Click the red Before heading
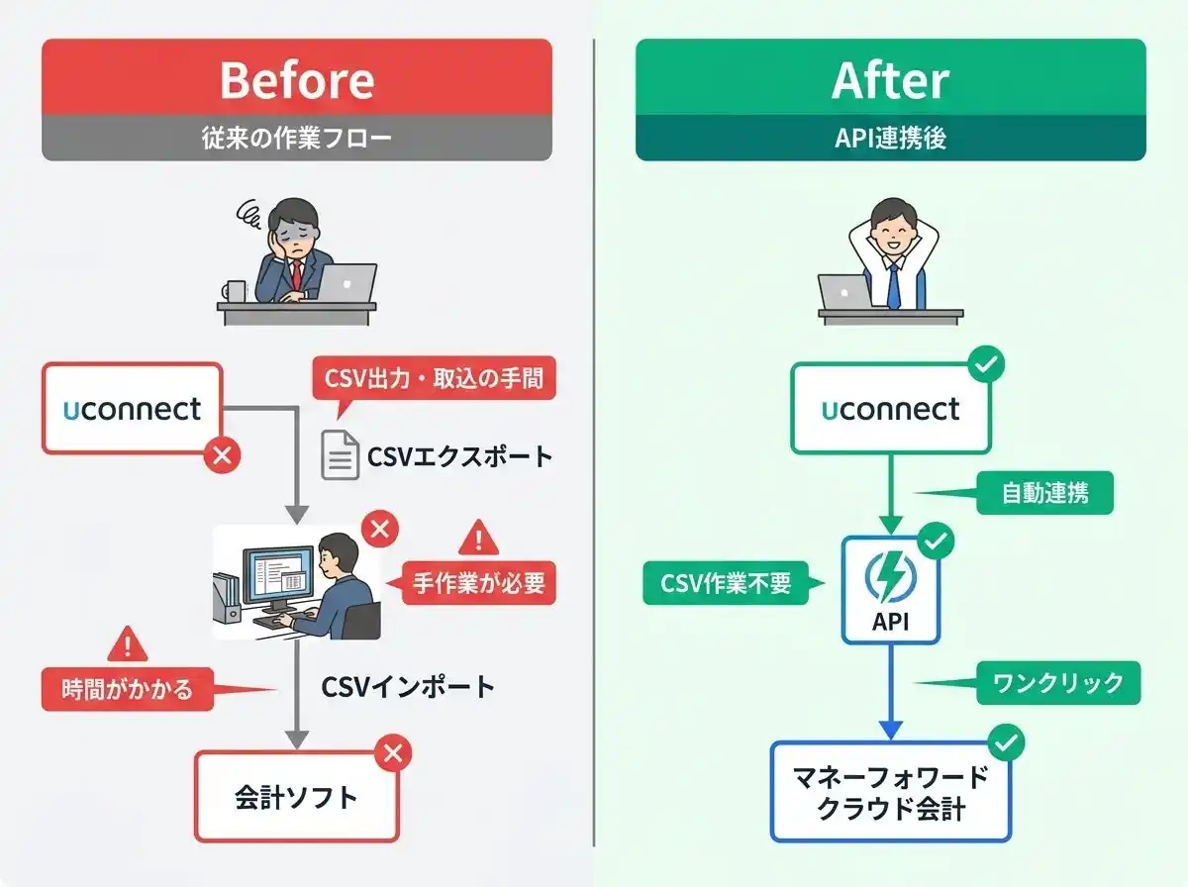pyautogui.click(x=296, y=79)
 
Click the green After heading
pyautogui.click(x=890, y=79)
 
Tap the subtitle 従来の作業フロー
pyautogui.click(x=296, y=139)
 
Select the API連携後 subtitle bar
pyautogui.click(x=890, y=139)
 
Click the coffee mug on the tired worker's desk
pyautogui.click(x=234, y=291)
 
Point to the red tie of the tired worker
pyautogui.click(x=295, y=277)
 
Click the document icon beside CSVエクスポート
pyautogui.click(x=340, y=456)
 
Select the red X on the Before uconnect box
pyautogui.click(x=222, y=455)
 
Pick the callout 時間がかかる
pyautogui.click(x=128, y=689)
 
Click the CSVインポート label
pyautogui.click(x=408, y=687)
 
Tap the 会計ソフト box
pyautogui.click(x=296, y=797)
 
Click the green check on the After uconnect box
pyautogui.click(x=986, y=365)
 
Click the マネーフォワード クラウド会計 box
pyautogui.click(x=890, y=793)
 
